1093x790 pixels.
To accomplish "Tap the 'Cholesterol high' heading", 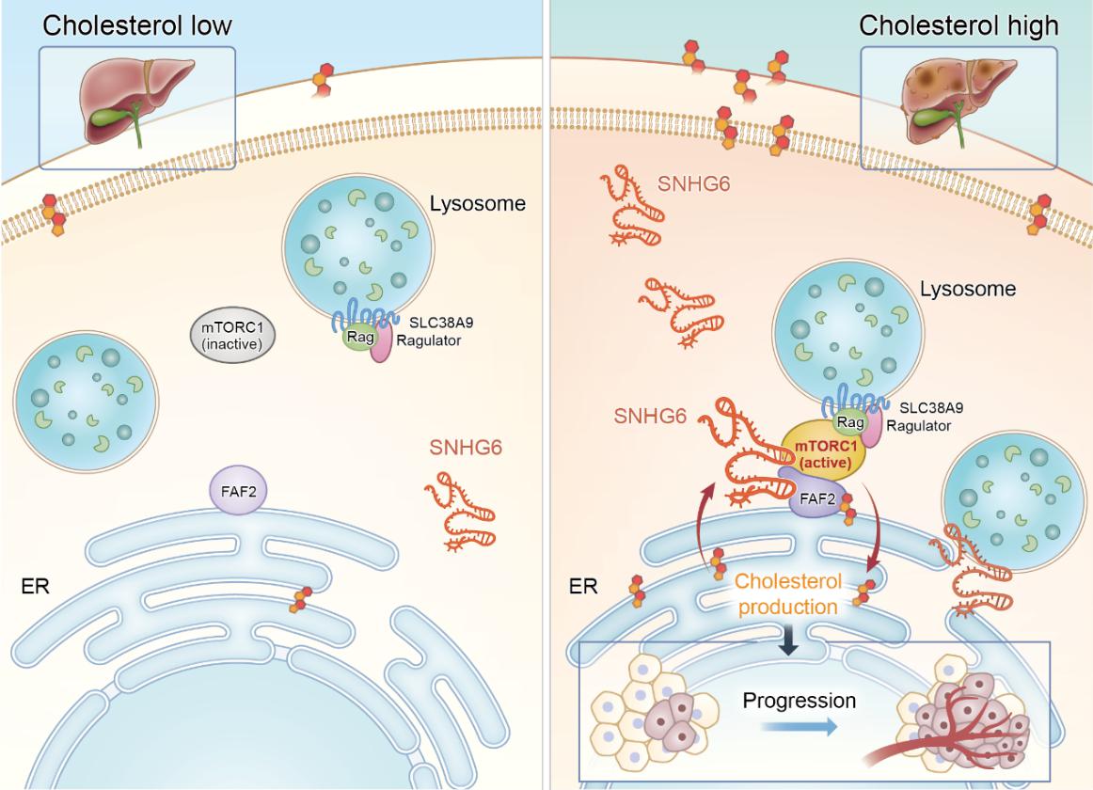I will (958, 25).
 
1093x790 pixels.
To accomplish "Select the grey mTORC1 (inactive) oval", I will (233, 336).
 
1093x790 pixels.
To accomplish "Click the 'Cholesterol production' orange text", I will (787, 593).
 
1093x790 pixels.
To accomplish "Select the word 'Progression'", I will (799, 701).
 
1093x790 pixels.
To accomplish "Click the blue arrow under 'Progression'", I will (799, 727).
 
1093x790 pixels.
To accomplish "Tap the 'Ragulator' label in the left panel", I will (428, 340).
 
